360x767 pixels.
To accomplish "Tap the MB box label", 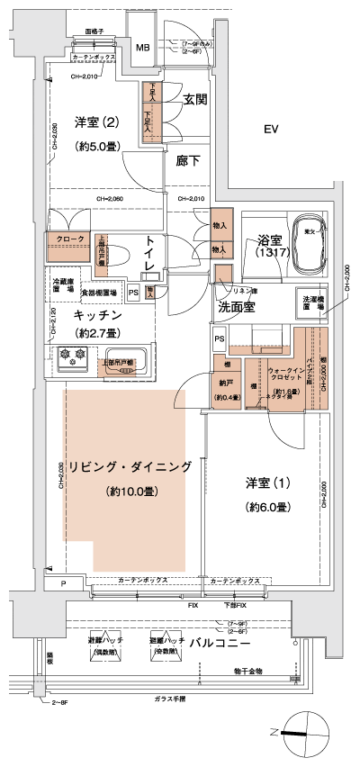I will pos(143,48).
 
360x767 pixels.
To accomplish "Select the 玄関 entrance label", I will pos(196,100).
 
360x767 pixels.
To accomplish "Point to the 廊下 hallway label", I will pos(188,161).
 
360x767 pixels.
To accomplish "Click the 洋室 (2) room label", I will pos(94,122).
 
